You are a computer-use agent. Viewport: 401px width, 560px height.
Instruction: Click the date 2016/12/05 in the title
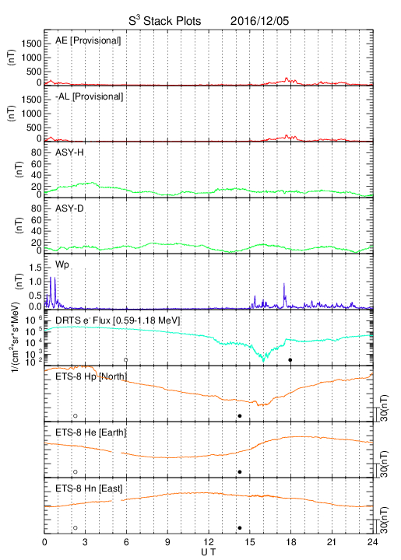(x=259, y=21)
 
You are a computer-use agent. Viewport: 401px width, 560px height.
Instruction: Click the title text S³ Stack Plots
(x=165, y=21)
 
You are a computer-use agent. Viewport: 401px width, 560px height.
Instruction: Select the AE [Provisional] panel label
(x=88, y=40)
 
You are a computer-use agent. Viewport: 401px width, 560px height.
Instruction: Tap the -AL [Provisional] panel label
(x=89, y=96)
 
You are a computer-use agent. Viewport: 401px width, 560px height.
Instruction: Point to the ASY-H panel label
(x=69, y=152)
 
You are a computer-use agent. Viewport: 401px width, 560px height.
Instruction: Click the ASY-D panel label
(x=69, y=208)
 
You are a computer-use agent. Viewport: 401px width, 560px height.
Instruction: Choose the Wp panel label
(x=62, y=265)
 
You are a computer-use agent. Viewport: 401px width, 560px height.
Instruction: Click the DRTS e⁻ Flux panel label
(x=118, y=320)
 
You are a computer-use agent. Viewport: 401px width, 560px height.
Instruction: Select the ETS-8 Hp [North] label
(x=91, y=376)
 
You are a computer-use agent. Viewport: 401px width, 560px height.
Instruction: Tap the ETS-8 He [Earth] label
(x=91, y=432)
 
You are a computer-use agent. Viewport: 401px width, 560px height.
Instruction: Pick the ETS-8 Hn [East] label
(x=89, y=488)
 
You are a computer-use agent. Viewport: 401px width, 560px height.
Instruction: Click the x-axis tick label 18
(x=291, y=542)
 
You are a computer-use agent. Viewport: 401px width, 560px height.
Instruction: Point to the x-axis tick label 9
(x=167, y=542)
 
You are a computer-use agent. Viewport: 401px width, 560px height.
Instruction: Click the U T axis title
(x=209, y=552)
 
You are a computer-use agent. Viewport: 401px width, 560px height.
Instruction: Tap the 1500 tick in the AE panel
(x=32, y=44)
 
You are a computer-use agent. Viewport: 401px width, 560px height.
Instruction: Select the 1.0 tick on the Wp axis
(x=35, y=282)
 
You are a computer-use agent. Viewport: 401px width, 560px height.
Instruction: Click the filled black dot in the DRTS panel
(x=290, y=360)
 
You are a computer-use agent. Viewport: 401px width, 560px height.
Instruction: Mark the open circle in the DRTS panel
(x=126, y=360)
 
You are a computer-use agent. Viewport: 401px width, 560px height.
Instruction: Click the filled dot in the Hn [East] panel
(x=240, y=528)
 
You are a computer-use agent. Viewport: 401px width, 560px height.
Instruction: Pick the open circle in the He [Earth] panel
(x=76, y=472)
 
